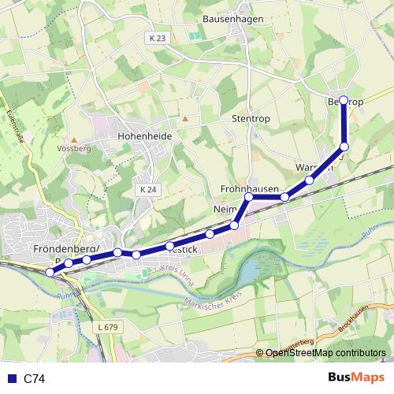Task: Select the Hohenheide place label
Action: (x=144, y=136)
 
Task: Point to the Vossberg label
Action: (x=74, y=147)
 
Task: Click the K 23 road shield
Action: (x=157, y=38)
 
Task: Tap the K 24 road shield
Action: (x=147, y=189)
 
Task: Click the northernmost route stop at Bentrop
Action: (x=344, y=100)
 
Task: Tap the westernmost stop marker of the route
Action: (x=50, y=273)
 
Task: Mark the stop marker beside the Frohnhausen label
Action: (x=249, y=197)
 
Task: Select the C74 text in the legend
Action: (x=34, y=379)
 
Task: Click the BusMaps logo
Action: (x=356, y=378)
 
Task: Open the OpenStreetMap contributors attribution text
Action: (x=325, y=353)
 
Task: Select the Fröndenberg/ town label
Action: (x=65, y=249)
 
